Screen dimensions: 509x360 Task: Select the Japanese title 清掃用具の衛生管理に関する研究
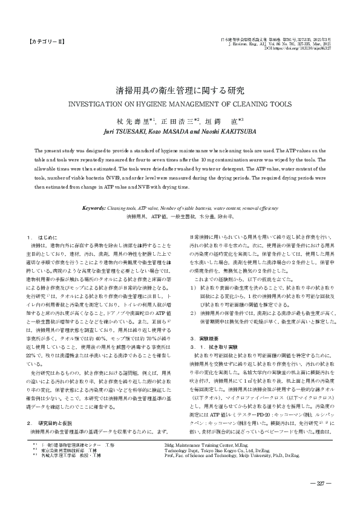[180, 90]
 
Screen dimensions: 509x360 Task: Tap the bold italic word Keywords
[94, 207]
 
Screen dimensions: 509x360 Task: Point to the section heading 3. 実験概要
[203, 322]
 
